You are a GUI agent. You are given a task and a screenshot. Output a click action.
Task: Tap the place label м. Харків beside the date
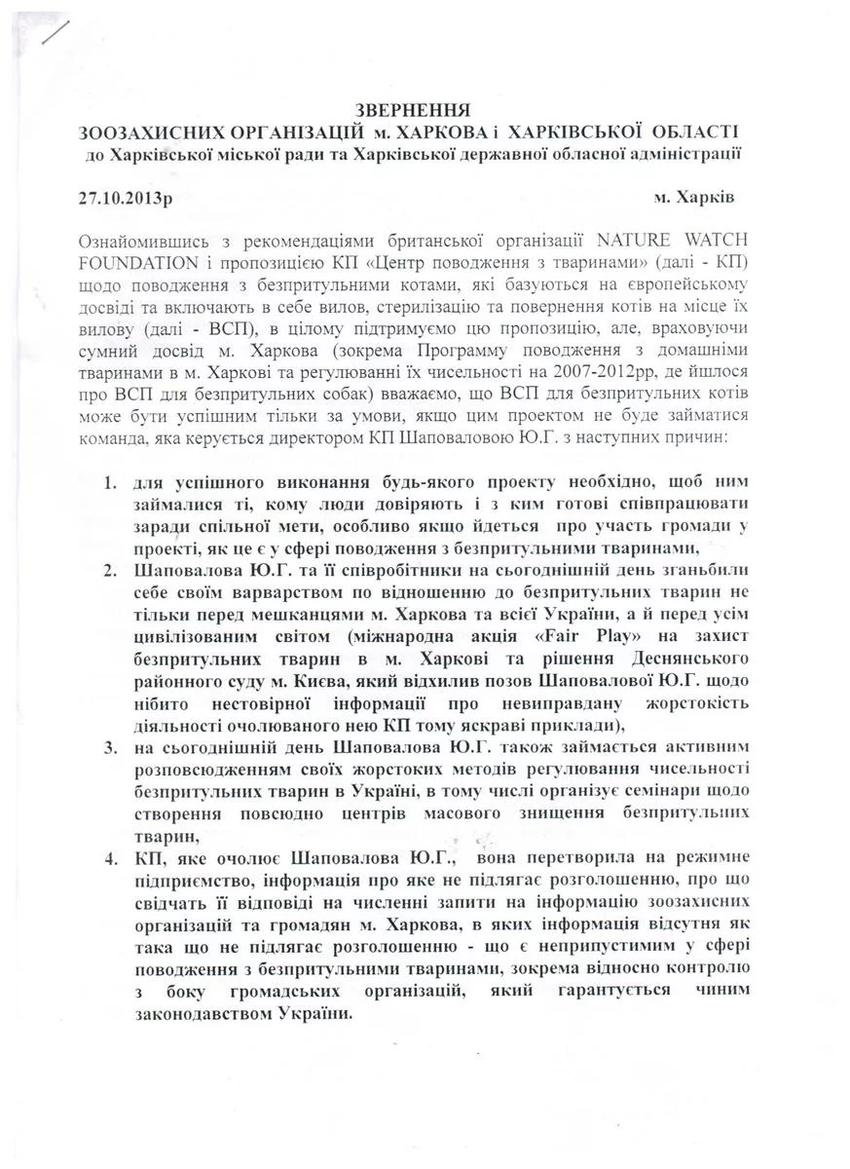pos(695,195)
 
